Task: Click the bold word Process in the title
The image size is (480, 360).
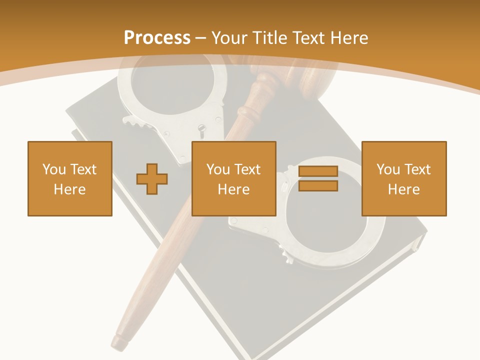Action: coord(157,37)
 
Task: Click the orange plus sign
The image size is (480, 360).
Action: coord(152,178)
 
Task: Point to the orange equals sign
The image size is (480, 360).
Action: coord(318,178)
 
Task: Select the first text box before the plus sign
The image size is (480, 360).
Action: coord(70,178)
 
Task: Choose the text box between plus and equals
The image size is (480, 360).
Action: coord(233,178)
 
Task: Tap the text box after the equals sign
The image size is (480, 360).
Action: coord(403,178)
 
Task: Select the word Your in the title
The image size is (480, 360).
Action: coord(229,37)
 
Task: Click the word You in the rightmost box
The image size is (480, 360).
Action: coord(387,169)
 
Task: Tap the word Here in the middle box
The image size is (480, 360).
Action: coord(233,189)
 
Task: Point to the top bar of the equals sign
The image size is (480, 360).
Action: coord(318,171)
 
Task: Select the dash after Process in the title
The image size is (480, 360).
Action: coord(201,38)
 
